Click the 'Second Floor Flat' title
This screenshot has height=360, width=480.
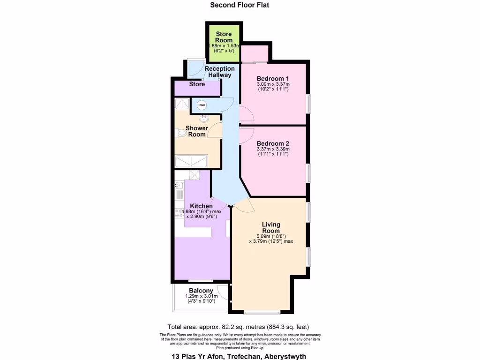pyautogui.click(x=240, y=5)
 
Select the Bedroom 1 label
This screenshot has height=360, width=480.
pyautogui.click(x=272, y=78)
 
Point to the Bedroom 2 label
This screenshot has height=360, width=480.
pyautogui.click(x=272, y=143)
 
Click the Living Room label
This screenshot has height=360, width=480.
pyautogui.click(x=271, y=227)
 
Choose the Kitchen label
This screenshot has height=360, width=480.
pyautogui.click(x=201, y=206)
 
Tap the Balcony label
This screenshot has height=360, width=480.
pyautogui.click(x=201, y=291)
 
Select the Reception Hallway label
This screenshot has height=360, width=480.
pyautogui.click(x=220, y=72)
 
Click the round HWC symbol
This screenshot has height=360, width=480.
pyautogui.click(x=202, y=105)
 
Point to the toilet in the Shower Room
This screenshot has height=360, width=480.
pyautogui.click(x=181, y=134)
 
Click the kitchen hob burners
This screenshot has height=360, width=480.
pyautogui.click(x=179, y=214)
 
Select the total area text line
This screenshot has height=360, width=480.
pyautogui.click(x=238, y=327)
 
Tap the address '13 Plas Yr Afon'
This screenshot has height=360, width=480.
pyautogui.click(x=200, y=356)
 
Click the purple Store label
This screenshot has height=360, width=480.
pyautogui.click(x=197, y=84)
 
